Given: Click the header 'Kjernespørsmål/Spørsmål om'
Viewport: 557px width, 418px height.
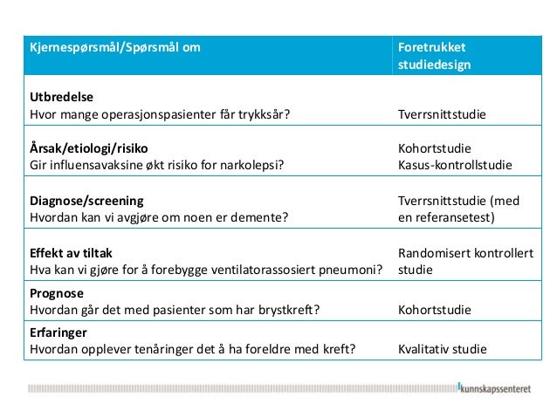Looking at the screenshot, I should coord(113,47).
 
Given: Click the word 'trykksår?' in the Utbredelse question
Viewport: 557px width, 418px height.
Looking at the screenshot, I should coord(264,115).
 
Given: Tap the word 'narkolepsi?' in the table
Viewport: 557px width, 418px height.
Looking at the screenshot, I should coord(251,165).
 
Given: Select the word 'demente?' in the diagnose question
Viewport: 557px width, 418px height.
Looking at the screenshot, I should coord(264,217).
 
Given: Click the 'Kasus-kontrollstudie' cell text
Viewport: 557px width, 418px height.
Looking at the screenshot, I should coord(454,165).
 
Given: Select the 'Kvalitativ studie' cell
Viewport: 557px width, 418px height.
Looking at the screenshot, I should coord(443,351).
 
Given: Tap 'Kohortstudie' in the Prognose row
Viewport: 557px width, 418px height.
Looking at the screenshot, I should coord(434,310).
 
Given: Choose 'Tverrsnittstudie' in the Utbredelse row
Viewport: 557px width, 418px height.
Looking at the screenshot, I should coord(442,115).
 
